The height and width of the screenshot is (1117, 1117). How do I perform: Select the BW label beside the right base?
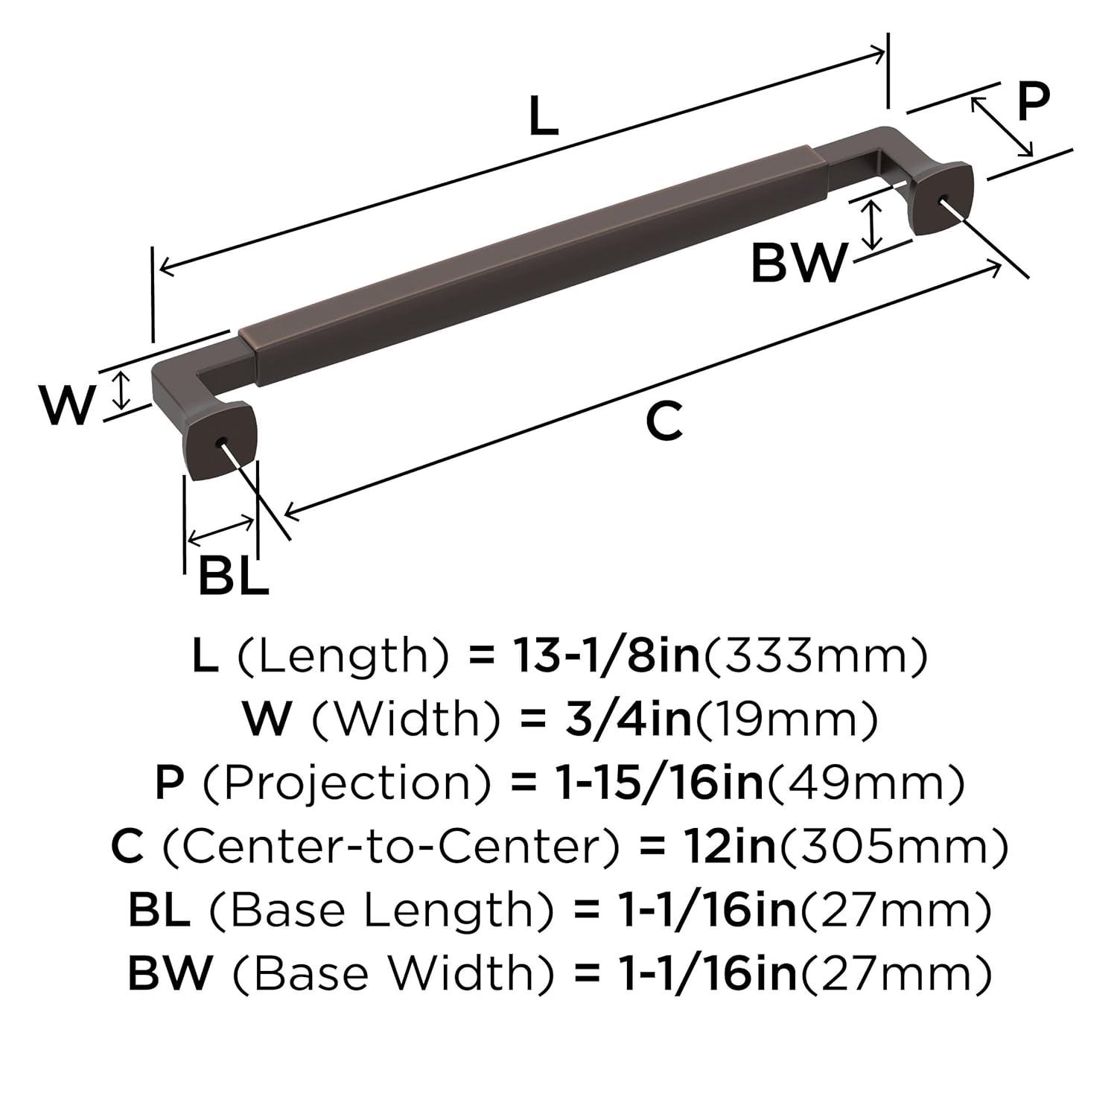(x=798, y=263)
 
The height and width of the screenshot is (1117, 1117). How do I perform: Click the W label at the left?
(x=67, y=406)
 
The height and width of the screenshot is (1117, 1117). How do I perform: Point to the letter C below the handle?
(x=663, y=421)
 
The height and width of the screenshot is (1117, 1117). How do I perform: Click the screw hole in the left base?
(x=221, y=442)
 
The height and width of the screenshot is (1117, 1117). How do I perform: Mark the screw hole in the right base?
(x=943, y=198)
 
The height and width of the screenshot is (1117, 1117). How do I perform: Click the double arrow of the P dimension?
(x=1002, y=127)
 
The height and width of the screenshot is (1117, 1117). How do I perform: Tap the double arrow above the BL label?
(x=220, y=529)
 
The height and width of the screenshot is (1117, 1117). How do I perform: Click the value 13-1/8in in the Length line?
(x=607, y=655)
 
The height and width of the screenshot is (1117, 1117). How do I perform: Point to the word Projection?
(x=348, y=783)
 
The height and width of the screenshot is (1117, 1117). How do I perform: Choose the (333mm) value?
(x=816, y=655)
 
